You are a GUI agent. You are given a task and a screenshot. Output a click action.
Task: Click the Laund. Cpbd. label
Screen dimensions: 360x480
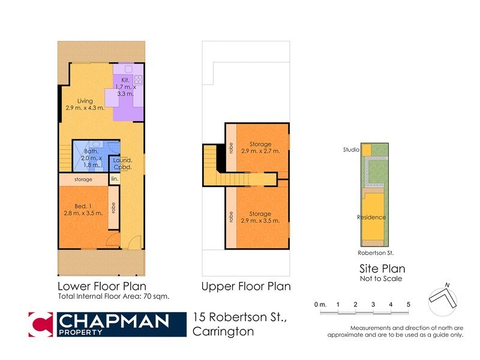(123, 164)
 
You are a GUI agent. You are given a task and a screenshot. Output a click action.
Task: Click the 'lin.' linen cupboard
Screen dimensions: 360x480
(114, 179)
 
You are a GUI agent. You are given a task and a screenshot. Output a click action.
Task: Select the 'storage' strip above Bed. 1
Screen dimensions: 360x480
(83, 179)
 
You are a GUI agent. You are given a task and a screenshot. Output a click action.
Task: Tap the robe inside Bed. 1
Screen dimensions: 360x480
(113, 208)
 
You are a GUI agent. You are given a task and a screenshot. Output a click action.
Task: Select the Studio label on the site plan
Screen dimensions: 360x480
(350, 150)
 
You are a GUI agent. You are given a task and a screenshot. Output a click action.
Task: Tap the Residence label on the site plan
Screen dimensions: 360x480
(371, 217)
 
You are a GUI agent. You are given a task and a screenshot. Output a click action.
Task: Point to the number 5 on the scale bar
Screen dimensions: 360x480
(408, 305)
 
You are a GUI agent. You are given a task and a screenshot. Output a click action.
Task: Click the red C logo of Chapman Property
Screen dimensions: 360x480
(41, 324)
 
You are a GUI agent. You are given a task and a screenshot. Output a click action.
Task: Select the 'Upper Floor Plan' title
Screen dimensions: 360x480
(246, 286)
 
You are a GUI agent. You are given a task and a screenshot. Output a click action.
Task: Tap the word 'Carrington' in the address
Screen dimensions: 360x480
(223, 331)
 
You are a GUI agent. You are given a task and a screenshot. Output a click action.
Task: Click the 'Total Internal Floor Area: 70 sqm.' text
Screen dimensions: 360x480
(113, 296)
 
